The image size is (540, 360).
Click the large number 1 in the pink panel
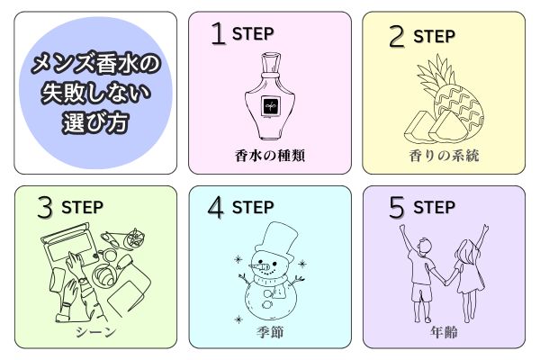(219, 33)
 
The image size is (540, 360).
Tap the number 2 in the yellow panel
(397, 36)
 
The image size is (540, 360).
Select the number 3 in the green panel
(45, 207)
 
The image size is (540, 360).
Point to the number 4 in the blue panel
(216, 207)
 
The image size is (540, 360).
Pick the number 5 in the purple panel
(396, 207)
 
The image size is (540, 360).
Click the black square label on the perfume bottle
(270, 106)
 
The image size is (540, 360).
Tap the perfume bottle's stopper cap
(271, 62)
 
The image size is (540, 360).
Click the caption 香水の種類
(270, 156)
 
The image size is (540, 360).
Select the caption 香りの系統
(444, 156)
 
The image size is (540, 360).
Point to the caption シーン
(95, 332)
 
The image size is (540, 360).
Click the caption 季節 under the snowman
(270, 332)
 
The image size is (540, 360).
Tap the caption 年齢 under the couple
(444, 332)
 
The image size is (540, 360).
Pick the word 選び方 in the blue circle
(95, 122)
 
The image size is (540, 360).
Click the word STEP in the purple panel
(435, 207)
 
